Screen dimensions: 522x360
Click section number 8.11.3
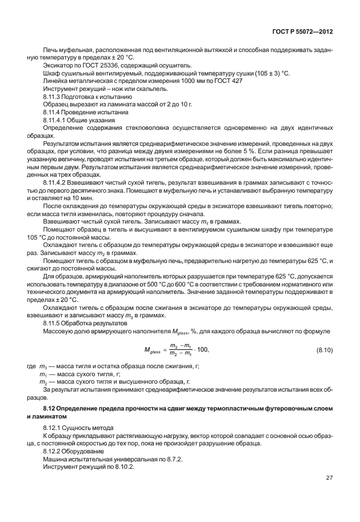[53, 98]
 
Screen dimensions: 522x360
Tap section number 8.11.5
[53, 323]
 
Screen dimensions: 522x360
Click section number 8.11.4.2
[55, 179]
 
